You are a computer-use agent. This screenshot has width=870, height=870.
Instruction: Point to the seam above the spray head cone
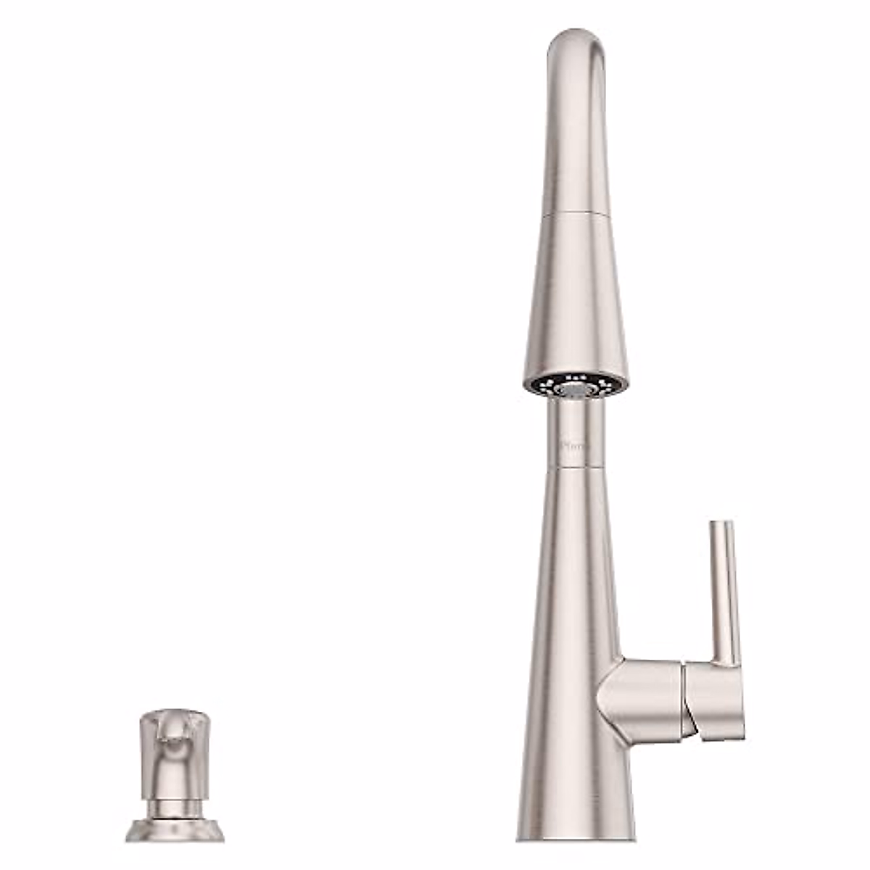pyautogui.click(x=576, y=213)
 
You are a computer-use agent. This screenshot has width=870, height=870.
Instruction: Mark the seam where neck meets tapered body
pyautogui.click(x=576, y=468)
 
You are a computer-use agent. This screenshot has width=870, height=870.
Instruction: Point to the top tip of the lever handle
pyautogui.click(x=722, y=523)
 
